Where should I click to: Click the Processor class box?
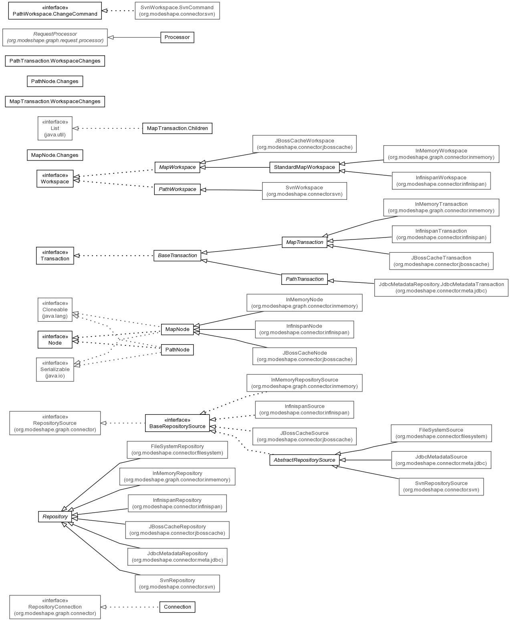click(x=177, y=37)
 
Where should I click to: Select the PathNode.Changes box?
click(x=55, y=81)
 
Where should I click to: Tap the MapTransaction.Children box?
click(x=178, y=128)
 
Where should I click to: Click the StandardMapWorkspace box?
click(x=304, y=167)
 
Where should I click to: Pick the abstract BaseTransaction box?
click(x=178, y=256)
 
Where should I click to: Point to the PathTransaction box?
click(x=305, y=279)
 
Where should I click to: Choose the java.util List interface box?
click(x=55, y=128)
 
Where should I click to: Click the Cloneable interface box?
click(x=55, y=310)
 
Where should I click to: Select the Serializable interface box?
click(x=55, y=369)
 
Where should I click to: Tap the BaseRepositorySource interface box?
click(x=178, y=423)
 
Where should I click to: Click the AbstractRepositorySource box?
click(x=305, y=460)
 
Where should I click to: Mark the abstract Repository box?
click(x=55, y=517)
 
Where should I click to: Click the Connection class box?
click(x=178, y=607)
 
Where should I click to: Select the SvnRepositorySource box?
click(x=441, y=487)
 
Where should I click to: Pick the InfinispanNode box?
click(x=305, y=329)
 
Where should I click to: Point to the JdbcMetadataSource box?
click(x=441, y=460)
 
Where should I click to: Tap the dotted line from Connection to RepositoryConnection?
click(x=130, y=607)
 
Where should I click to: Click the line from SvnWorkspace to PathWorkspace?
click(x=231, y=190)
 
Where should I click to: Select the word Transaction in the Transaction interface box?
click(x=55, y=259)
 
